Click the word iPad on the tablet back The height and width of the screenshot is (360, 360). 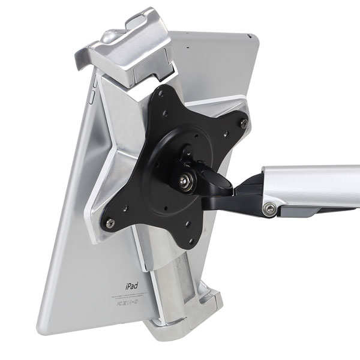click(x=131, y=287)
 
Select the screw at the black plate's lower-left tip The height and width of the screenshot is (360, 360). click(x=109, y=223)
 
